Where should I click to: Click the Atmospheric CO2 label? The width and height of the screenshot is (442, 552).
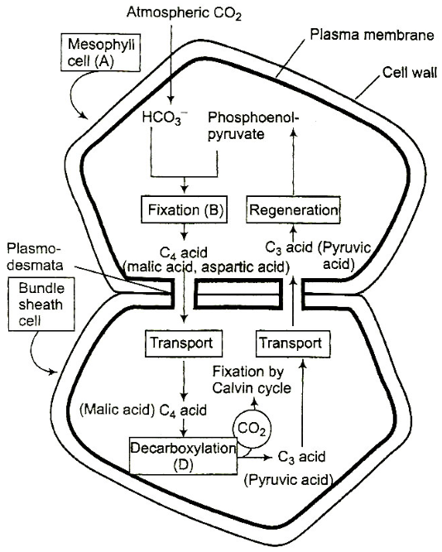tap(185, 13)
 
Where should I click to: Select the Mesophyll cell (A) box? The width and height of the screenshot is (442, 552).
tap(101, 52)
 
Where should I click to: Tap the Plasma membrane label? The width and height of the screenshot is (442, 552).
tap(372, 35)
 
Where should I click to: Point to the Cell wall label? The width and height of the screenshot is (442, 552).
tap(409, 73)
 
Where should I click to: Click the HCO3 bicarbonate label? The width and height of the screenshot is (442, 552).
tap(165, 118)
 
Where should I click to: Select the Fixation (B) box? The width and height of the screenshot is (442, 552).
tap(184, 210)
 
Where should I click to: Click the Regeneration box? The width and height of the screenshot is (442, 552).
tap(293, 210)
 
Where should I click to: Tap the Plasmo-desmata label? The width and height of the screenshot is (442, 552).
tap(35, 257)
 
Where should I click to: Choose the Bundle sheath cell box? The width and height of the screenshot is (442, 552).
tap(41, 305)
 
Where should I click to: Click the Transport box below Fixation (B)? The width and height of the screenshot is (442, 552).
tap(184, 343)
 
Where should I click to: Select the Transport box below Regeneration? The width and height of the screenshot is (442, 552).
tap(293, 343)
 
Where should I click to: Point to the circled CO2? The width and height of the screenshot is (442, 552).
tap(252, 429)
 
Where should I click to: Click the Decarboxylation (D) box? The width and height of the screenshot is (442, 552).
tap(183, 456)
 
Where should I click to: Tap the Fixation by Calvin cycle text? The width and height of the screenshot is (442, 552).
tap(252, 380)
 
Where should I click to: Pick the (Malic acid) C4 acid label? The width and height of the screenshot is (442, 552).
tap(143, 410)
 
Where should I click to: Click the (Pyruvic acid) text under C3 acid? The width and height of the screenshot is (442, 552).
tap(288, 479)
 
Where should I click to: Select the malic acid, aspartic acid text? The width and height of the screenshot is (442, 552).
tap(206, 267)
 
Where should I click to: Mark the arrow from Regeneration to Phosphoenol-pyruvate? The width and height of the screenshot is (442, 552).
tap(293, 162)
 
